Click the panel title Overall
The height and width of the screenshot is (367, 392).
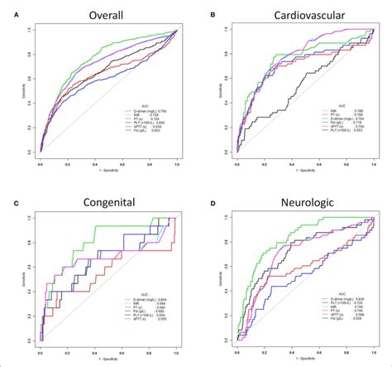click(x=105, y=14)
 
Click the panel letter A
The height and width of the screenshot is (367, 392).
click(x=6, y=14)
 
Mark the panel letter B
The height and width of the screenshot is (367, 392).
click(x=213, y=14)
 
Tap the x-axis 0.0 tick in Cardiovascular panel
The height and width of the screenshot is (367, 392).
click(x=237, y=165)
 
